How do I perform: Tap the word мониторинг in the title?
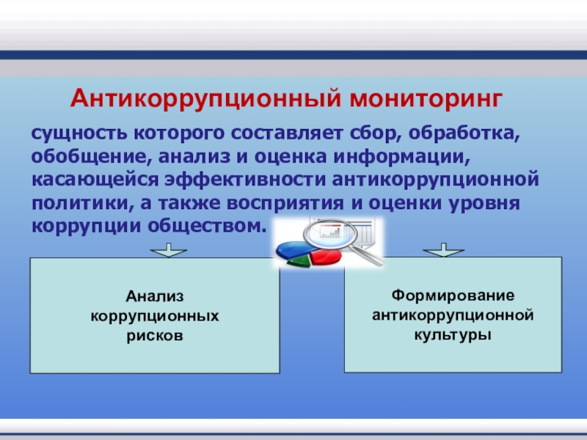426,99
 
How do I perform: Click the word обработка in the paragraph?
464,133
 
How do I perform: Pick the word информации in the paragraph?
401,157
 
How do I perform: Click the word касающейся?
95,180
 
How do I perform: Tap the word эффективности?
246,179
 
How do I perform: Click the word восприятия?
285,204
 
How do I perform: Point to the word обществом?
207,226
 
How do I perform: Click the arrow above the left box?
169,250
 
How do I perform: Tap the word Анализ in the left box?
155,296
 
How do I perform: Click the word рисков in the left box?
155,335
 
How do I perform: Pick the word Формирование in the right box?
453,296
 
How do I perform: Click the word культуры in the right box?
453,334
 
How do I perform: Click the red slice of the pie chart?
325,257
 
